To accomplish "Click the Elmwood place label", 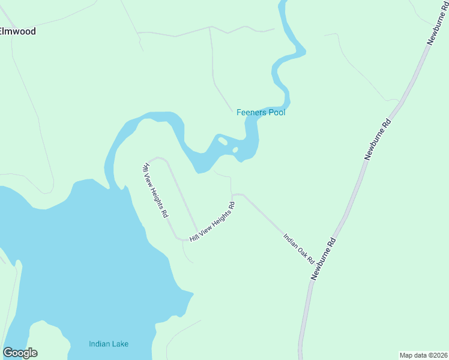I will tap(18, 31).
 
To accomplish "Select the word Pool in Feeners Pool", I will tap(276, 112).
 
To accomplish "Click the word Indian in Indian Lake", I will tap(98, 344).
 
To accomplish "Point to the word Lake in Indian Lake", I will tap(120, 344).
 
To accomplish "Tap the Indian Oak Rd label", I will tap(299, 249).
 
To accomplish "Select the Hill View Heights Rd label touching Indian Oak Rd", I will tap(212, 222).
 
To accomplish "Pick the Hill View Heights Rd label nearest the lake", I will tap(155, 190).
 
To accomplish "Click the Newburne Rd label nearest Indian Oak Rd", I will tap(323, 259).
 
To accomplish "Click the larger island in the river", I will tap(223, 141).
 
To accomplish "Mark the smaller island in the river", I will tap(235, 149).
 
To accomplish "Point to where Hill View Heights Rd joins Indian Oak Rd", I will tap(233, 195).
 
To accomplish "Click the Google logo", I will tap(20, 353).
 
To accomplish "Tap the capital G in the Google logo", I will tap(7, 353).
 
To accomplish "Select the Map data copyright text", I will tap(424, 355).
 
